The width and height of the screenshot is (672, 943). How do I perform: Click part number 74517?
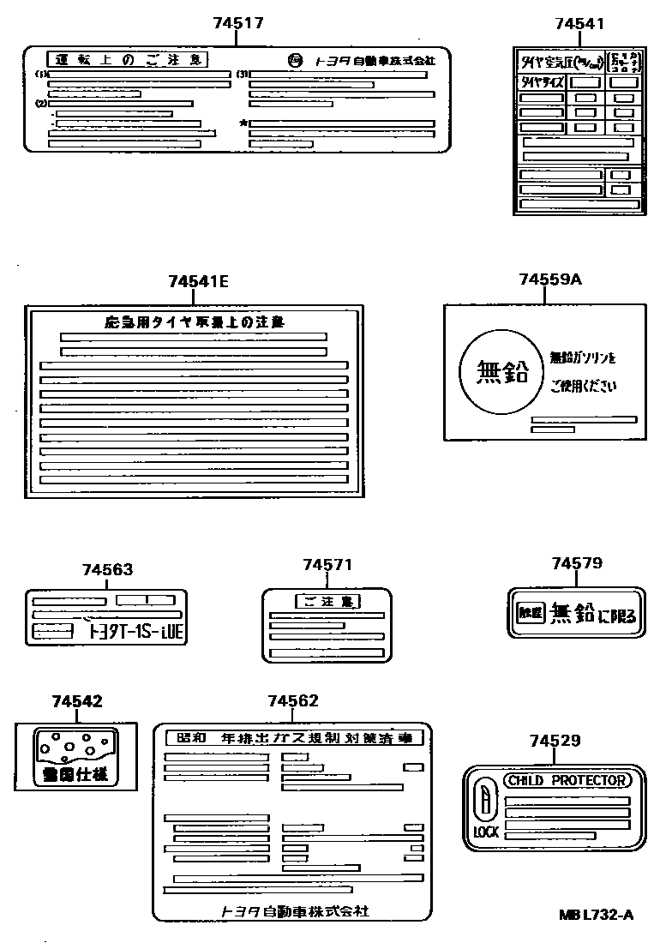(x=237, y=23)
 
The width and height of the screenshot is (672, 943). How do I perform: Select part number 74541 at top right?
(x=579, y=23)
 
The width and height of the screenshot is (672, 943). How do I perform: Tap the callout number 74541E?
(x=198, y=281)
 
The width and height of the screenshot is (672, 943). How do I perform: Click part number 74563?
(x=107, y=570)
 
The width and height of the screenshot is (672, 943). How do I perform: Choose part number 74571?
(x=327, y=564)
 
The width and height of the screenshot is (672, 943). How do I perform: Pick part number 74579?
(x=577, y=563)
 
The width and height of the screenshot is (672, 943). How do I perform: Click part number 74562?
(x=292, y=700)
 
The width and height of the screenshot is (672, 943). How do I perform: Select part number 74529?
(x=555, y=741)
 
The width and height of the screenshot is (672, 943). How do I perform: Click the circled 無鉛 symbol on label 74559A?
(x=501, y=373)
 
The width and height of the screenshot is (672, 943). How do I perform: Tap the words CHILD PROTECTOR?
(x=567, y=780)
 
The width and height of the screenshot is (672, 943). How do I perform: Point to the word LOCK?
(x=486, y=832)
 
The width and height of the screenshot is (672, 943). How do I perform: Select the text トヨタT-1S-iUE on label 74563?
(x=136, y=633)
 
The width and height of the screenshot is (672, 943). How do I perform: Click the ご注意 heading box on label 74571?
(x=327, y=601)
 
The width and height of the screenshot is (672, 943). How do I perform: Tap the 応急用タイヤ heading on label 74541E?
(x=194, y=322)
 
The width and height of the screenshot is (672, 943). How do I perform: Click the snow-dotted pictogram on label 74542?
(x=73, y=745)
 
